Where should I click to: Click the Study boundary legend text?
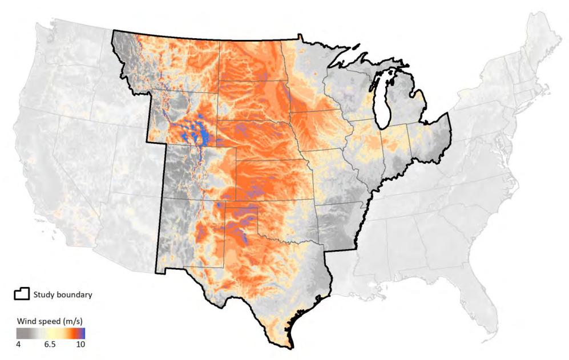[63, 294]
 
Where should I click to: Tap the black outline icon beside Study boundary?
[22, 294]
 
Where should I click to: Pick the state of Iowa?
[320, 131]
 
